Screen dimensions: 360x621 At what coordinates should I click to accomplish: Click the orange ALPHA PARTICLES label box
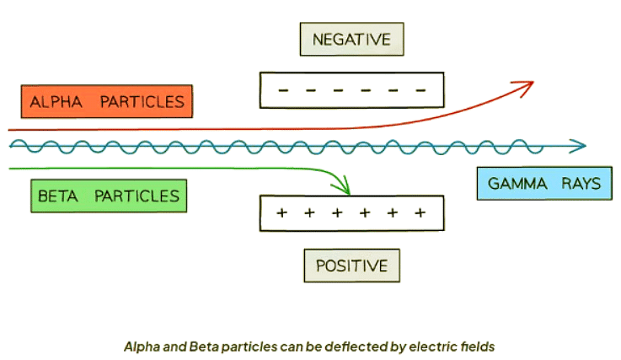point(106,102)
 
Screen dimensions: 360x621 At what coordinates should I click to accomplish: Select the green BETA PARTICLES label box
point(107,196)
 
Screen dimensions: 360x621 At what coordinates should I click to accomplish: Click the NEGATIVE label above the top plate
point(351,40)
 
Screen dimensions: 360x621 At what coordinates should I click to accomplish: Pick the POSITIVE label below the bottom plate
point(351,266)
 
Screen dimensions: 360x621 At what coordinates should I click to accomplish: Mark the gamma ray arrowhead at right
point(578,146)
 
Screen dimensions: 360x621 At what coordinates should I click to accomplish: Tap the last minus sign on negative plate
point(420,90)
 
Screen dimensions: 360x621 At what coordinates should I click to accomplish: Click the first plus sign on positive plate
point(282,212)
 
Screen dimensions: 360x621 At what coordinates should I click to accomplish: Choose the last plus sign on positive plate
point(420,212)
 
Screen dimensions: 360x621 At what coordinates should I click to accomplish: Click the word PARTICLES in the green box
point(136,196)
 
